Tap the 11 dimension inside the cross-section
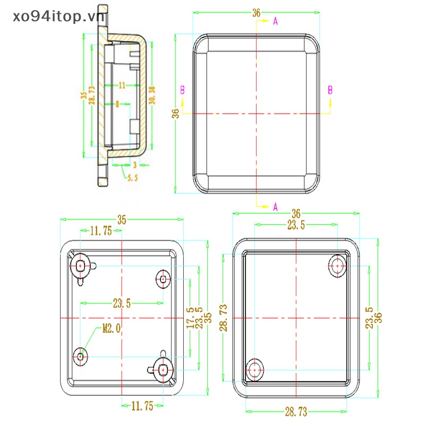(x=122, y=85)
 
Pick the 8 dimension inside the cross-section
(x=117, y=104)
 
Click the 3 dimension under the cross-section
(x=134, y=165)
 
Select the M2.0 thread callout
(x=112, y=329)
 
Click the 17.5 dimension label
(x=190, y=317)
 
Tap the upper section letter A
(x=275, y=21)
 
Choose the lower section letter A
(x=275, y=206)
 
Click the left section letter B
(x=182, y=90)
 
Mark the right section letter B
(x=330, y=90)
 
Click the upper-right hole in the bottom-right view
(x=337, y=266)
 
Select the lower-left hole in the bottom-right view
(x=256, y=368)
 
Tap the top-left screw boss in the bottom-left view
(x=81, y=265)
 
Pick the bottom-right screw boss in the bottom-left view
(x=163, y=368)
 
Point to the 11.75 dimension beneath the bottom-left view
(x=142, y=406)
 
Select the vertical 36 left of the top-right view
(x=175, y=113)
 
